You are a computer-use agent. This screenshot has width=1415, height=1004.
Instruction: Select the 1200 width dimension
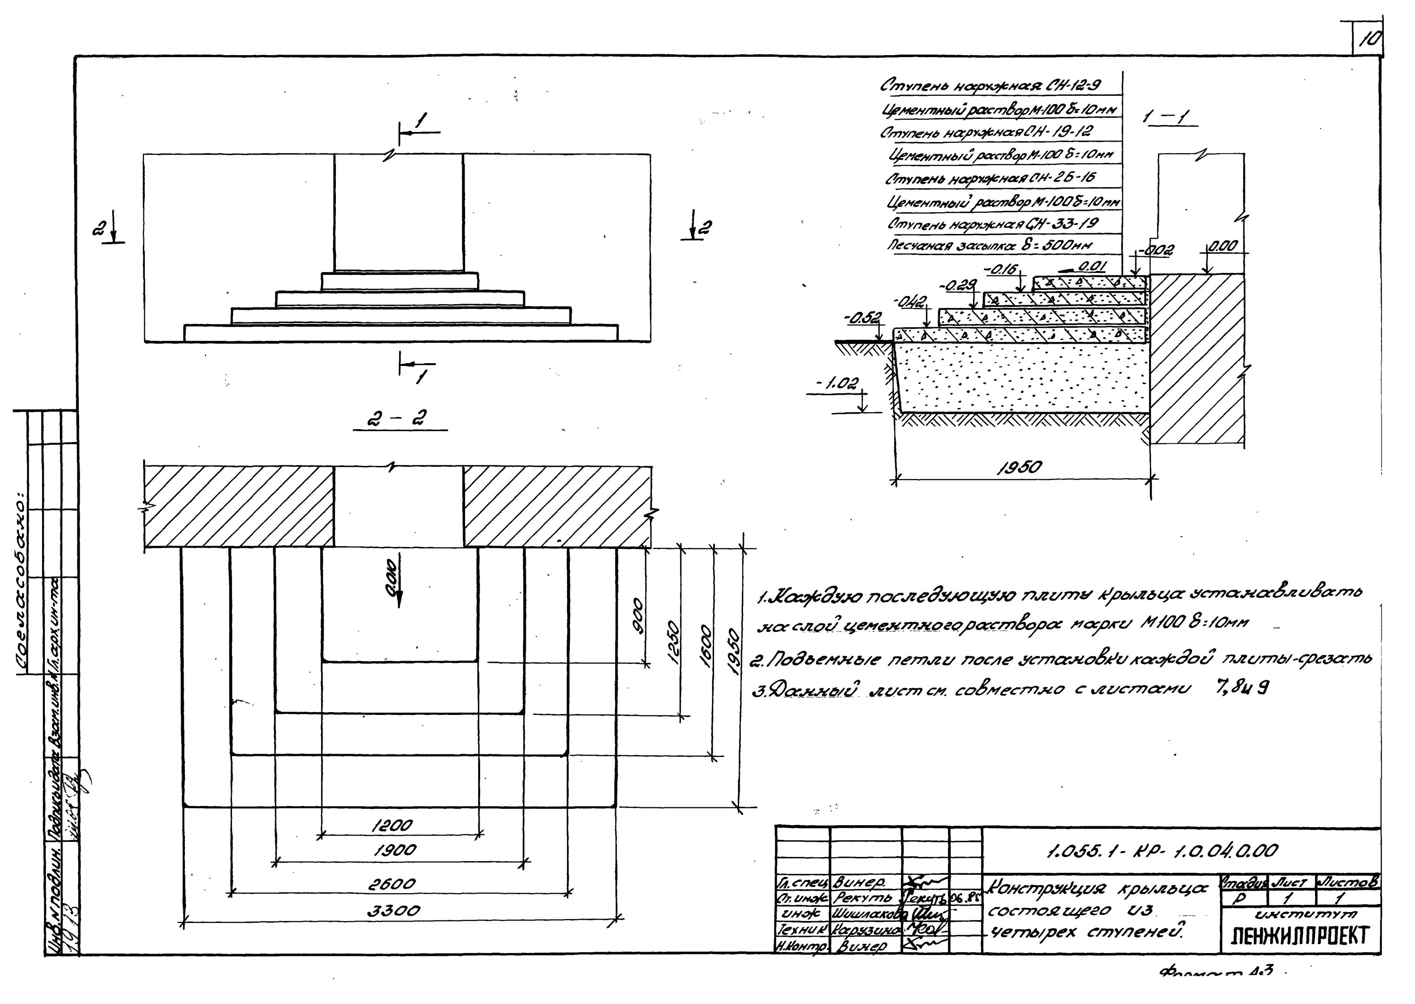392,826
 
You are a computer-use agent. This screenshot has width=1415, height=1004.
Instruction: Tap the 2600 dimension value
391,885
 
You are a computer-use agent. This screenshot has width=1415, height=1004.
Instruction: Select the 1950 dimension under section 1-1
1019,467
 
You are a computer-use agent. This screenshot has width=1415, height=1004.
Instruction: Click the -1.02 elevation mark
840,384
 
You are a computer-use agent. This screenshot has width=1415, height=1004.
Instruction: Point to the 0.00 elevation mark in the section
1222,246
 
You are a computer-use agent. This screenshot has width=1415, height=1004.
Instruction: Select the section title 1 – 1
1166,117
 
